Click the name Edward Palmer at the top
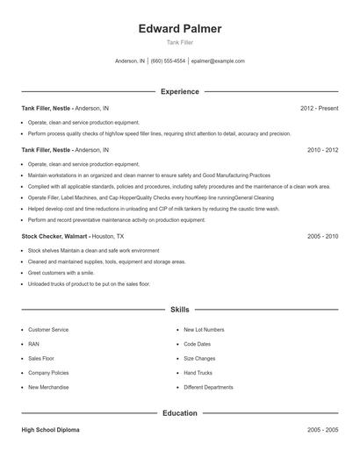[x=180, y=29]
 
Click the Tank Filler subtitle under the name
[x=180, y=42]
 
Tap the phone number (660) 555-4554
[x=168, y=61]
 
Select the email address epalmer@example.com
[x=218, y=61]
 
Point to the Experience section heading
[x=180, y=91]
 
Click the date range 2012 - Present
[x=319, y=108]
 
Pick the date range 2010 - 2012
[x=322, y=150]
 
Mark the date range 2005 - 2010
[x=322, y=236]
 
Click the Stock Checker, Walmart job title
[x=54, y=236]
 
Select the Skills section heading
[x=180, y=310]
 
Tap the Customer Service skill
[x=48, y=330]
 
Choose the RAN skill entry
[x=34, y=344]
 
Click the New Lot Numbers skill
[x=204, y=330]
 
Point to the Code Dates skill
[x=198, y=344]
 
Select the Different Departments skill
[x=208, y=387]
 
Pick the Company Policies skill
[x=49, y=373]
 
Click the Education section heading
[x=180, y=412]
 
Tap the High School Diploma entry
[x=51, y=431]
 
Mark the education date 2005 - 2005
[x=322, y=431]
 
